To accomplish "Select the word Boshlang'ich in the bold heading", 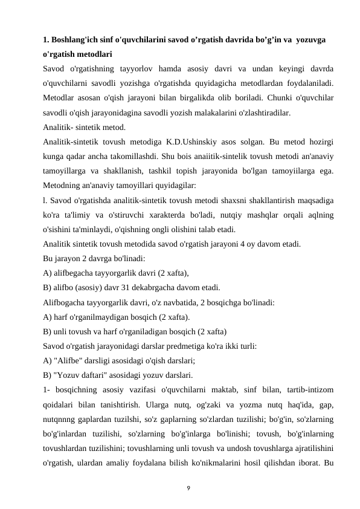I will [76, 40].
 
